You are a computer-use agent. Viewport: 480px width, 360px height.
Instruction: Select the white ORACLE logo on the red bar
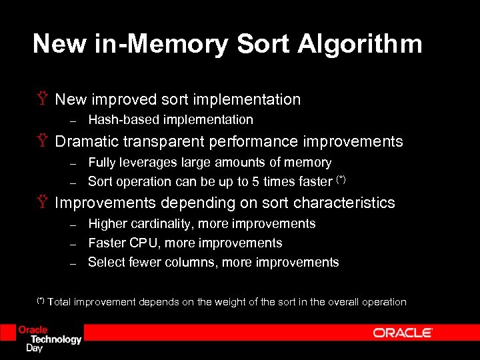[403, 333]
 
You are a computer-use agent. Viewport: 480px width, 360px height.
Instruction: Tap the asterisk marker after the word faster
[341, 179]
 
